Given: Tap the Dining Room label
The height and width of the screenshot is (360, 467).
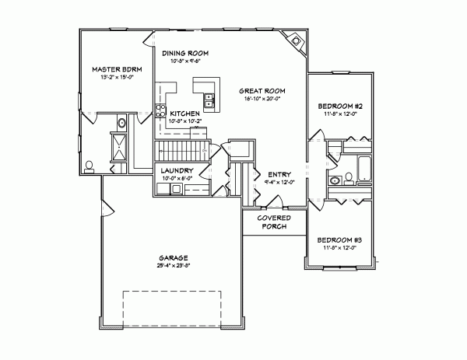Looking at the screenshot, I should click(186, 53).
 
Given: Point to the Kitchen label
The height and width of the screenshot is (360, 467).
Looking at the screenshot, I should click(185, 113).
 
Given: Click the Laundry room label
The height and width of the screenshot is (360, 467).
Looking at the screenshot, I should click(176, 170).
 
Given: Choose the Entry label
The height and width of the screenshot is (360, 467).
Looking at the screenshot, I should click(278, 174).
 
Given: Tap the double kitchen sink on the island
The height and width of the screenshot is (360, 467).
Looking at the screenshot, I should click(209, 100).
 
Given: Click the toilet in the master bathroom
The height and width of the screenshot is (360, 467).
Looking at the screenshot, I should click(90, 165).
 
